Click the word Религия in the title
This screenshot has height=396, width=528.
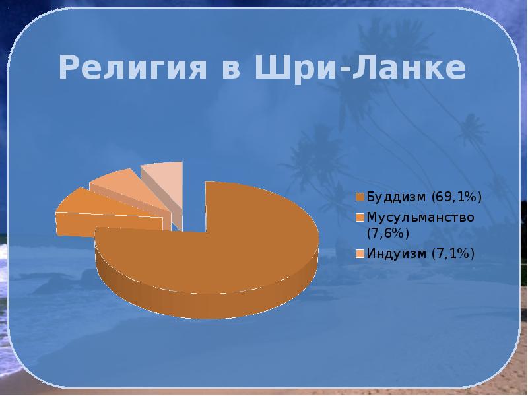[133, 67]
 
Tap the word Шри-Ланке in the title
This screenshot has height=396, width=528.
[360, 67]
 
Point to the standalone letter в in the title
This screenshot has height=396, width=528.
[231, 69]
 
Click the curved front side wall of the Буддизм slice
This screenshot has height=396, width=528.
[209, 300]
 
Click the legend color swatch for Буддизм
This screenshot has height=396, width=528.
[360, 197]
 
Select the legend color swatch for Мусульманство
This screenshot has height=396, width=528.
[360, 218]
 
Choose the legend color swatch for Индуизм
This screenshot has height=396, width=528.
[360, 253]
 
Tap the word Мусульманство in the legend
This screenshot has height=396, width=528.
[420, 218]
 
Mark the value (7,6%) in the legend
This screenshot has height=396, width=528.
[388, 233]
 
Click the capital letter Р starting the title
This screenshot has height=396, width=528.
[70, 67]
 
